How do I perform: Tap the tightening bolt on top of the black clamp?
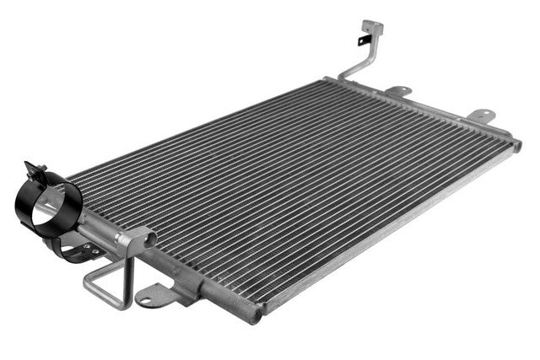(36, 169)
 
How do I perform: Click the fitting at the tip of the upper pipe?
(370, 27)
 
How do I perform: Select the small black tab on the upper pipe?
(362, 40)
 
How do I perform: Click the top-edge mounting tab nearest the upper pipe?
(397, 90)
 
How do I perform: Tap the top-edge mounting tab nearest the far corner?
(481, 113)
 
